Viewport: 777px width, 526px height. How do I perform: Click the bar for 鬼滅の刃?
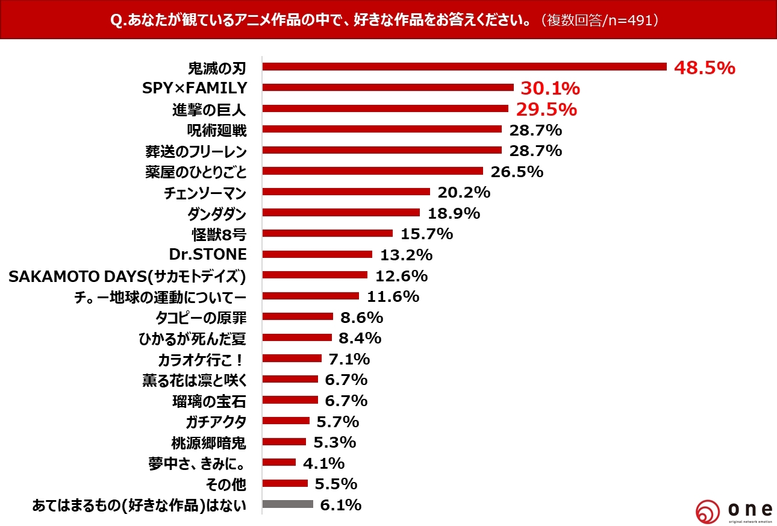[464, 67]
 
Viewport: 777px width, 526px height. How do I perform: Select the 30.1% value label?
[549, 89]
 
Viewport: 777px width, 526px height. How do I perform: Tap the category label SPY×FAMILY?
[195, 88]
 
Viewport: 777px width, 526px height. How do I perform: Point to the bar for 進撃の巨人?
[385, 108]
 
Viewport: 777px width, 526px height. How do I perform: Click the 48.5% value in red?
[704, 67]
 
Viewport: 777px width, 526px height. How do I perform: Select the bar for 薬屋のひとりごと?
[373, 171]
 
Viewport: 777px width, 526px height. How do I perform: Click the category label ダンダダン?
[217, 213]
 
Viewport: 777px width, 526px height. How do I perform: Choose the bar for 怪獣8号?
[328, 233]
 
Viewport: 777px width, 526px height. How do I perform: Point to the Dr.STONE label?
[208, 254]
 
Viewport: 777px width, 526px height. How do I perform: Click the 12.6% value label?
[401, 276]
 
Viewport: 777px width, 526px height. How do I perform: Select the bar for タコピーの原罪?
[298, 316]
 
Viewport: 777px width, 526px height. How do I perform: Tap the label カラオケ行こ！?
[202, 359]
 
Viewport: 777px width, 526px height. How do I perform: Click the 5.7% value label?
[337, 421]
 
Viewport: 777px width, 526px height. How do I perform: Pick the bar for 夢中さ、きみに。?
[279, 462]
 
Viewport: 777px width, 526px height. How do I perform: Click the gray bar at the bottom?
[288, 504]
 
